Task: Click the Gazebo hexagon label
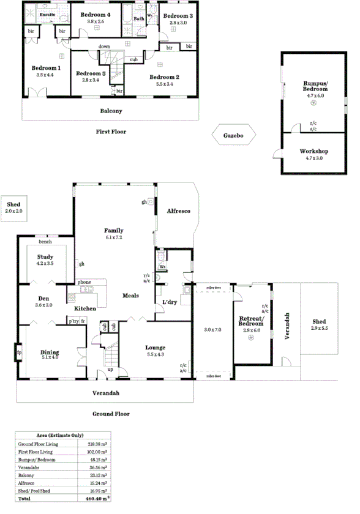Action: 233,135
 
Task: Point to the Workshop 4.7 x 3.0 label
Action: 313,154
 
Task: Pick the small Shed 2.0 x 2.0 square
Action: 13,208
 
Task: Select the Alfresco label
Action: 179,211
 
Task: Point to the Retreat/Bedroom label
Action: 251,322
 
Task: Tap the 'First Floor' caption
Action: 111,132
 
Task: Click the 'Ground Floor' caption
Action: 111,414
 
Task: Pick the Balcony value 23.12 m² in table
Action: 97,474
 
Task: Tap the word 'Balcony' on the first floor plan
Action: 111,111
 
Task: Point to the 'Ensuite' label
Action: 48,14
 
